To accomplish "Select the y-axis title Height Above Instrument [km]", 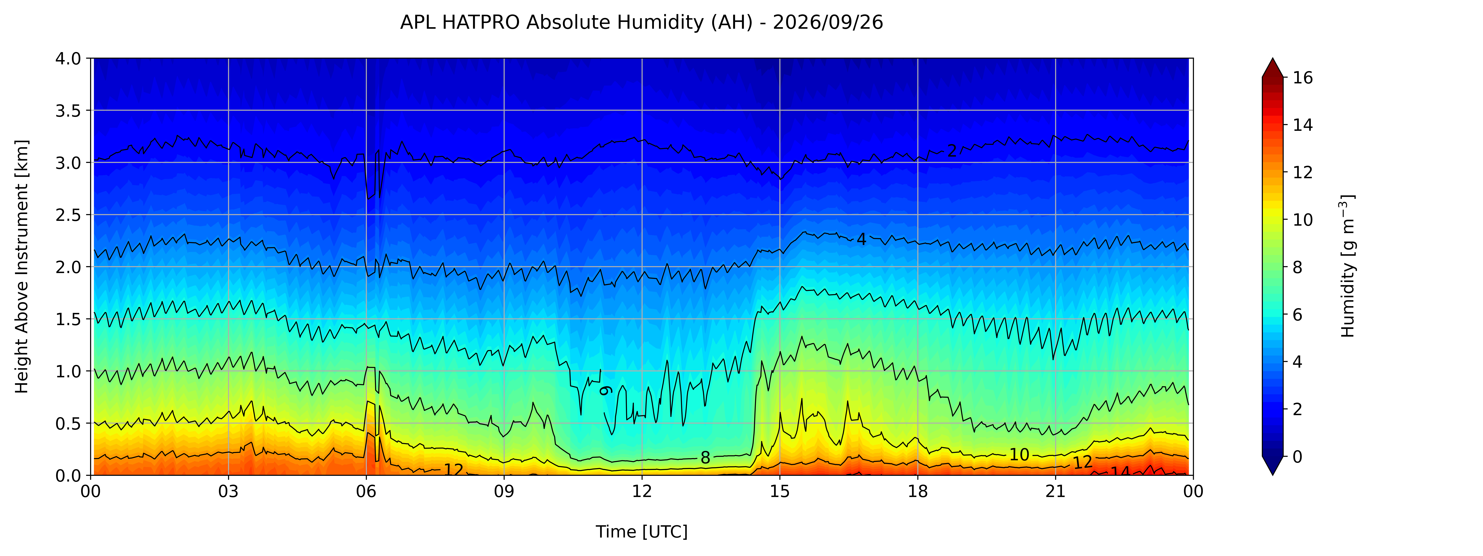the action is point(22,266).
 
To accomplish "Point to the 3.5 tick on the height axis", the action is point(68,111).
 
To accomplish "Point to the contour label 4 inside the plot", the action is point(861,239).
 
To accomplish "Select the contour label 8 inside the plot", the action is point(705,458).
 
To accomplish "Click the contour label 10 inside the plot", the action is point(1019,455).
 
